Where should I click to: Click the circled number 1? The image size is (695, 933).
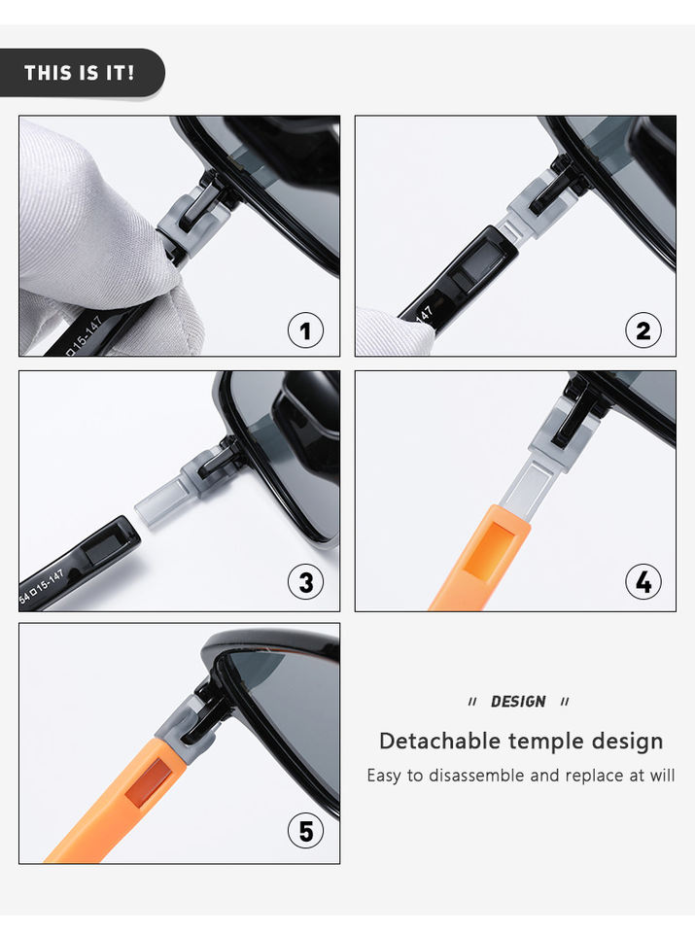tap(306, 330)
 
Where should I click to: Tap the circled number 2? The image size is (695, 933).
tap(643, 330)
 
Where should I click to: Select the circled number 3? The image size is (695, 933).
tap(306, 582)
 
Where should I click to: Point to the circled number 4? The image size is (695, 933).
tap(643, 582)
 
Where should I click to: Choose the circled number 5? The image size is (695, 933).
tap(306, 831)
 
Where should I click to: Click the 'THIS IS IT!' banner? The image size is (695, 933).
tap(81, 73)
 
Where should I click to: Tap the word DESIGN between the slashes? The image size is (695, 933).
tap(518, 702)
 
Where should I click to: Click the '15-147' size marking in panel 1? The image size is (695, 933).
tap(86, 336)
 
